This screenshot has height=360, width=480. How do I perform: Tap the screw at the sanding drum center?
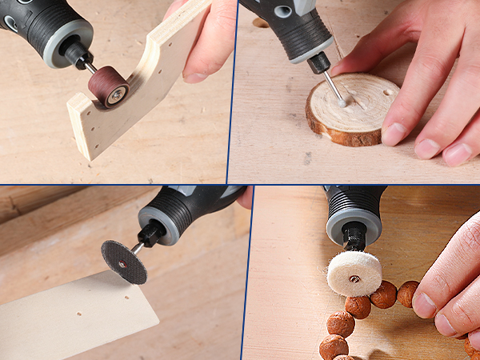(x=117, y=95)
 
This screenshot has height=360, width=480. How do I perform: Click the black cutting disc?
(x=124, y=261)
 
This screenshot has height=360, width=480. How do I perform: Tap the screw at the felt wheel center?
(x=354, y=279)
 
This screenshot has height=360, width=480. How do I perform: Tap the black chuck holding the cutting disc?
(x=149, y=236)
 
